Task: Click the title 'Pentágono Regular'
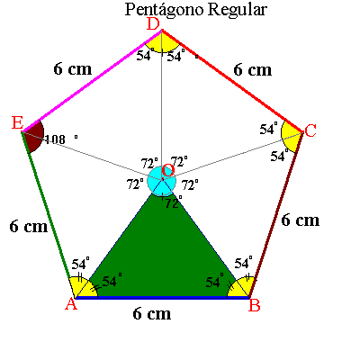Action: tap(195, 10)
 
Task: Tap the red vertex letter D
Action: tap(153, 24)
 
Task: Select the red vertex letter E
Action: tap(17, 123)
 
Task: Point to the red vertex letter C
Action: tap(310, 130)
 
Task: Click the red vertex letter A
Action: tap(71, 304)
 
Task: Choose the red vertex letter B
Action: tap(255, 305)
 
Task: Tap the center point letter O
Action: tap(168, 171)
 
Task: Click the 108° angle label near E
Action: tap(60, 139)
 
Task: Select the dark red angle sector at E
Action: tap(33, 137)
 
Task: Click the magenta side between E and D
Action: tap(93, 81)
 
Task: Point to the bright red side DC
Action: tap(232, 81)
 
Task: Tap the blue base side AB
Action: tap(162, 298)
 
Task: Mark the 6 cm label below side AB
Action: tap(152, 314)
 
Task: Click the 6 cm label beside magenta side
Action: tap(73, 69)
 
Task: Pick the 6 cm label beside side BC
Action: tap(300, 220)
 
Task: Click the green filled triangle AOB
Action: tap(162, 258)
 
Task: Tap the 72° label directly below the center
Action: tap(174, 203)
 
